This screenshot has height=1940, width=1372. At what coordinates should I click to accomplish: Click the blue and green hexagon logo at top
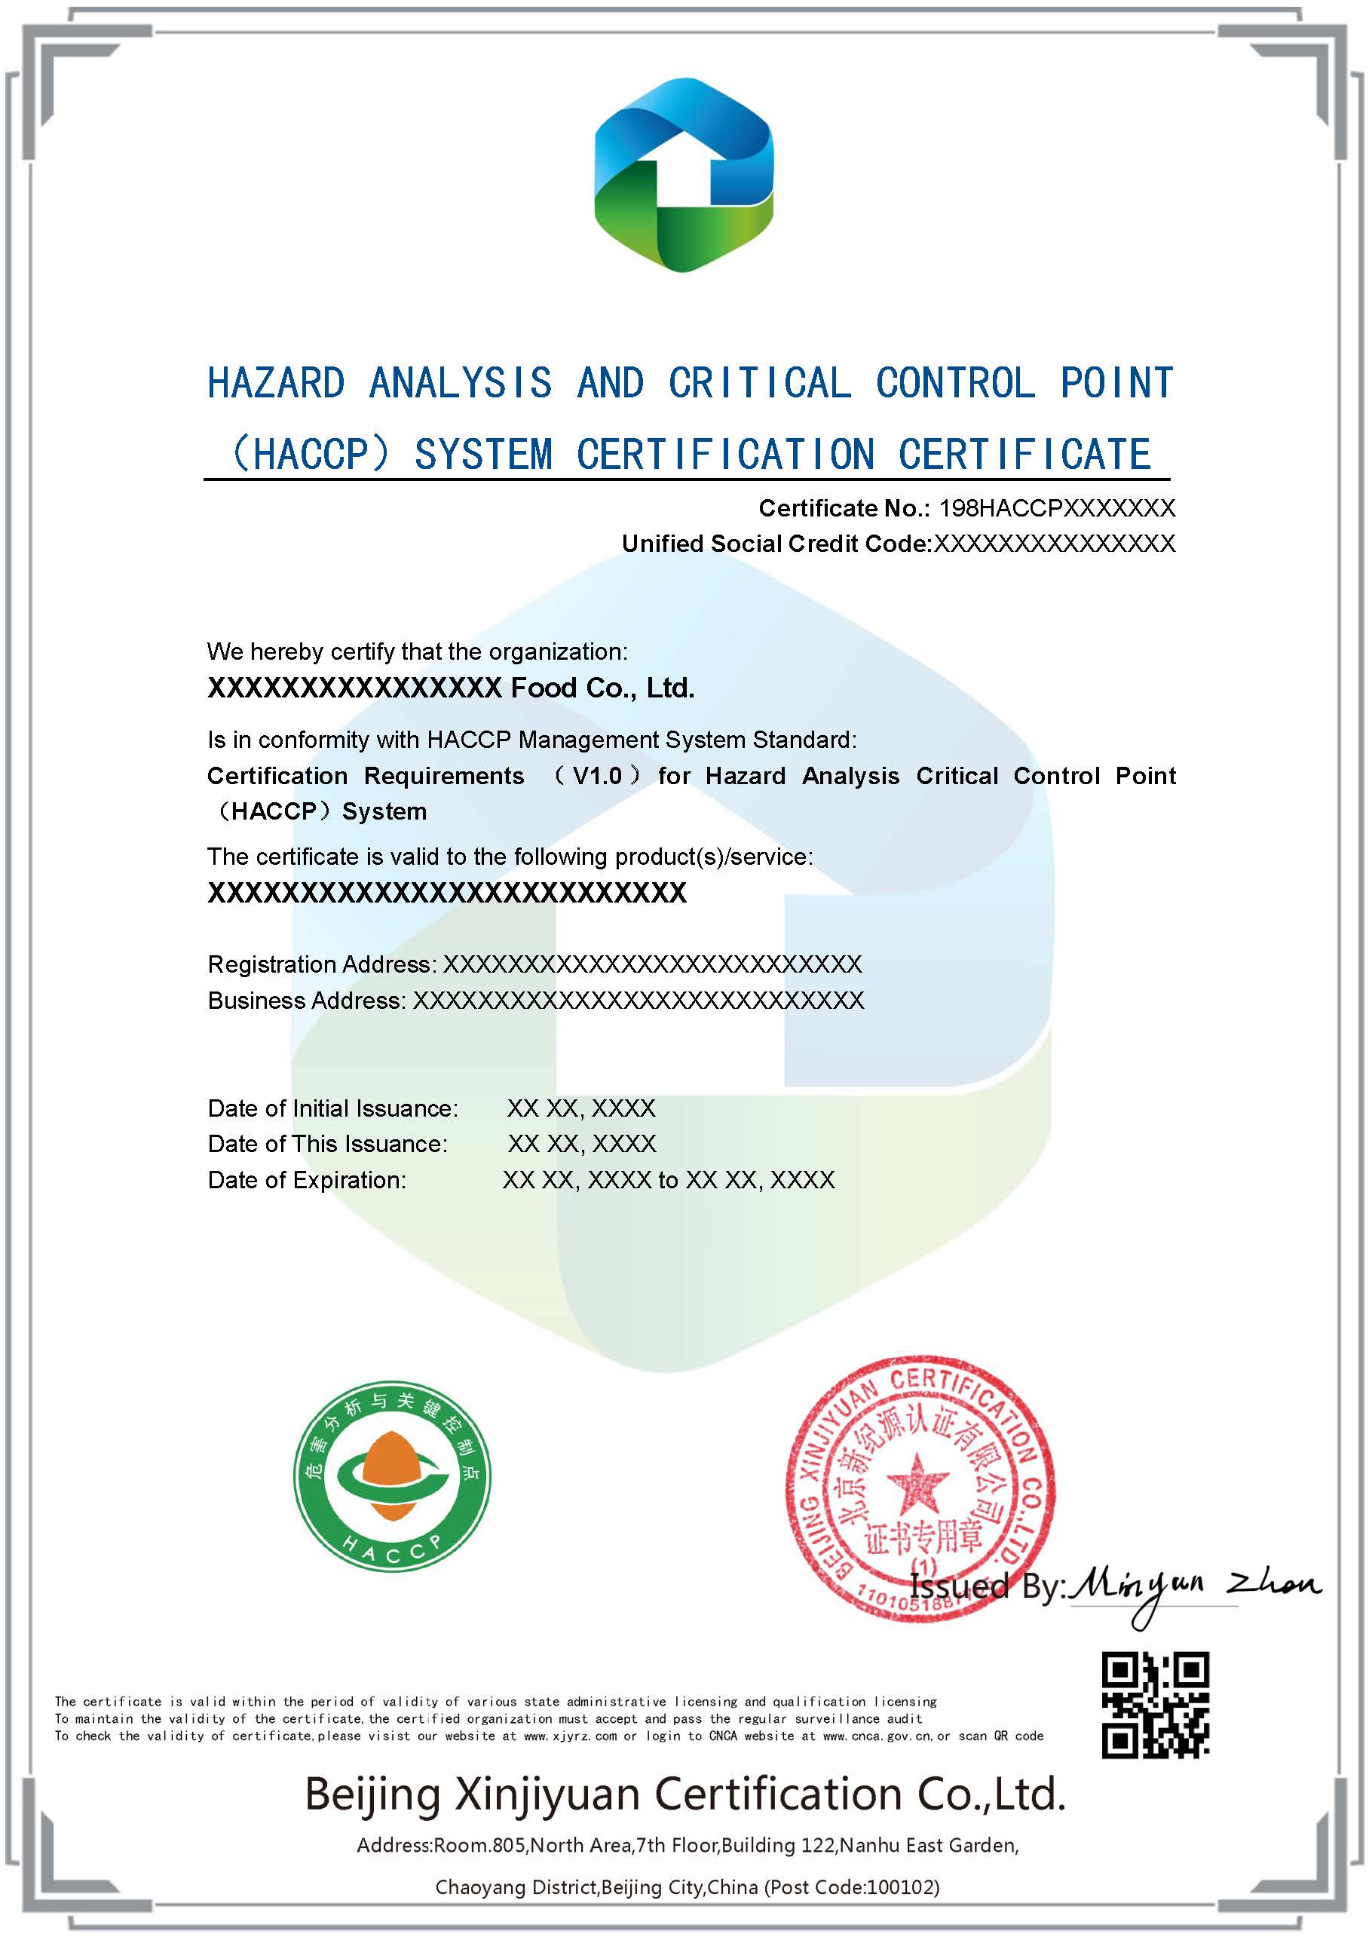coord(684,175)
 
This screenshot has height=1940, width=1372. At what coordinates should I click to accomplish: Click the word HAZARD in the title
coord(276,383)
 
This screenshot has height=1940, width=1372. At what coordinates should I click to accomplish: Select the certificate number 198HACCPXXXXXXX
coord(1057,508)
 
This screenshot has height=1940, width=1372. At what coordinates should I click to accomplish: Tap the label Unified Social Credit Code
coord(775,544)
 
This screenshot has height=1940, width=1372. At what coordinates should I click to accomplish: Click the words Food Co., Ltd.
coord(602,688)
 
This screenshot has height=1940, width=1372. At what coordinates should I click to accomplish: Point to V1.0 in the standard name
coord(597,776)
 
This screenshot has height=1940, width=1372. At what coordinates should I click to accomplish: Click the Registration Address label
coord(322,964)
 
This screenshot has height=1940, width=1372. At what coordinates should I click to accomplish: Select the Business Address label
coord(307,1001)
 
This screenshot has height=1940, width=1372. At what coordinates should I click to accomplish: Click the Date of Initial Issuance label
coord(333,1108)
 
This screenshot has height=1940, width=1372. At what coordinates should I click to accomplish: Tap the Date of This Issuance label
coord(328,1144)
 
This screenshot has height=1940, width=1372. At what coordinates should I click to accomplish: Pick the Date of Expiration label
coord(307,1181)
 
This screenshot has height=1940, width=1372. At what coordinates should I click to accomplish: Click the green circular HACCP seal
coord(392,1476)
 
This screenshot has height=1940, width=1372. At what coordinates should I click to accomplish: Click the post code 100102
coord(905,1886)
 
